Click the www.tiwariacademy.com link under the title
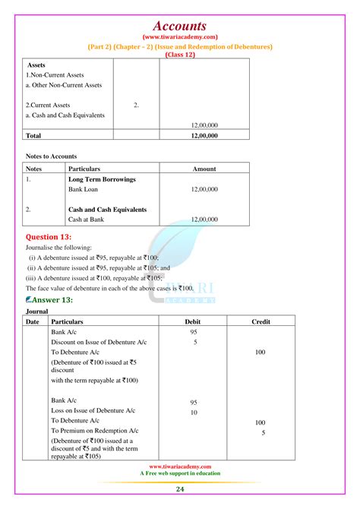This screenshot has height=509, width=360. [180, 36]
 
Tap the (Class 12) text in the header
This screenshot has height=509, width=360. [180, 55]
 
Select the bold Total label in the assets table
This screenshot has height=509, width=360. [34, 135]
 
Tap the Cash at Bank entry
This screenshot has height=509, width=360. [87, 219]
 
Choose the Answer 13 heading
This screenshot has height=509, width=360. [55, 299]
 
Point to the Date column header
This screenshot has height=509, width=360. [32, 321]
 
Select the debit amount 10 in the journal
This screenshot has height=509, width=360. [194, 413]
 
